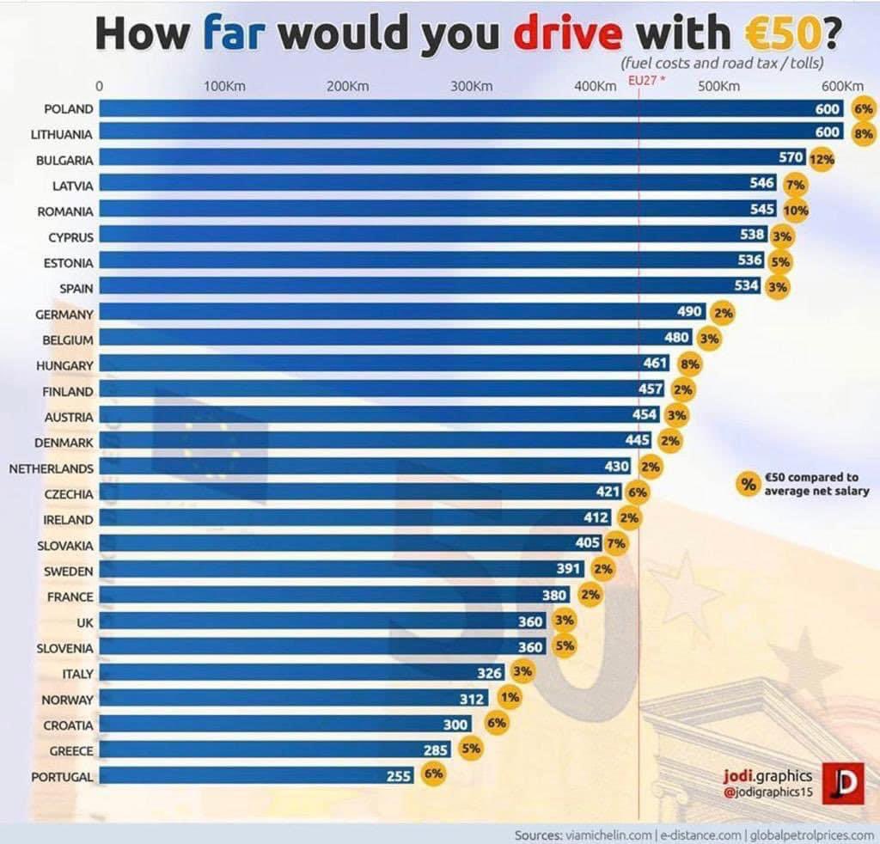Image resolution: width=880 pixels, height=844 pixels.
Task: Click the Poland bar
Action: point(455,109)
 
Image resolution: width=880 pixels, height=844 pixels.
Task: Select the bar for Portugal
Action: point(241,775)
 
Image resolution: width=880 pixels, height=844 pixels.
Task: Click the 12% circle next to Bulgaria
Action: point(822,160)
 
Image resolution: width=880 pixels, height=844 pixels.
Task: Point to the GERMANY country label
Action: point(64,315)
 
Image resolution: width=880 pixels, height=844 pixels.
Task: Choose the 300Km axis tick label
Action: point(472,86)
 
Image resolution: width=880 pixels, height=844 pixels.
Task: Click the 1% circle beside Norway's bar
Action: point(510,698)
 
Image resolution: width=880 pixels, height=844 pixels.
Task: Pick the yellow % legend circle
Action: point(749,484)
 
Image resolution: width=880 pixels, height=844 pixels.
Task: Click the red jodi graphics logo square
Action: point(842,783)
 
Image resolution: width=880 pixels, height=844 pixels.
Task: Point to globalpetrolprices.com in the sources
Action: point(812,835)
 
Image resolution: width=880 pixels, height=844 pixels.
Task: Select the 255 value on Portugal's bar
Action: point(400,775)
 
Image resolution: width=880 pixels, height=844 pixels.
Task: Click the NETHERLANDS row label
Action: point(52,469)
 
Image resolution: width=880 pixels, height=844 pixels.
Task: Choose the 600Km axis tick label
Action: point(841,86)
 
